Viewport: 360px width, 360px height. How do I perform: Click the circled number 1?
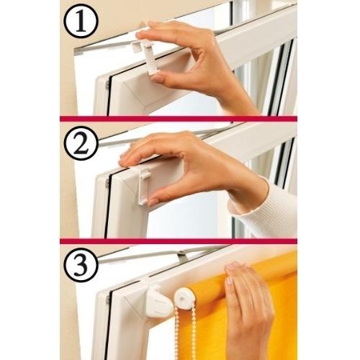[81, 21]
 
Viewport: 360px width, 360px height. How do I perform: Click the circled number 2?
[81, 143]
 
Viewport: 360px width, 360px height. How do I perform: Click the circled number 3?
[81, 264]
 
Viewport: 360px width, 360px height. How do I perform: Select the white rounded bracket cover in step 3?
[158, 302]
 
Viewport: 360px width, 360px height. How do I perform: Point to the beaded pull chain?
[185, 333]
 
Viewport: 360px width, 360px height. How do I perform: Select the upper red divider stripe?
[179, 119]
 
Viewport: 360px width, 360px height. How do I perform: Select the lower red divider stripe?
[179, 241]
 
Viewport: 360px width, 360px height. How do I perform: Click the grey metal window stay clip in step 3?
[181, 257]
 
